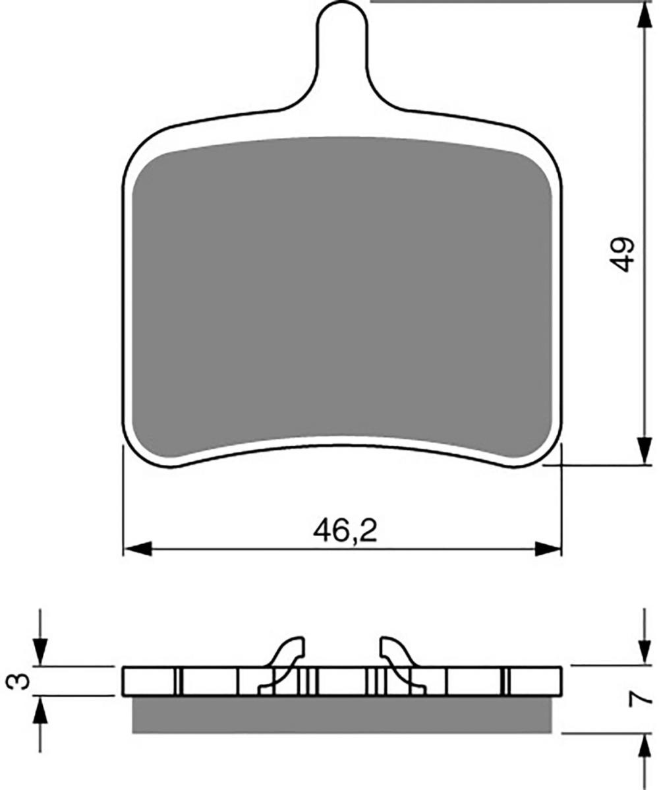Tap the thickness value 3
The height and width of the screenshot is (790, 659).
pos(16,682)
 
